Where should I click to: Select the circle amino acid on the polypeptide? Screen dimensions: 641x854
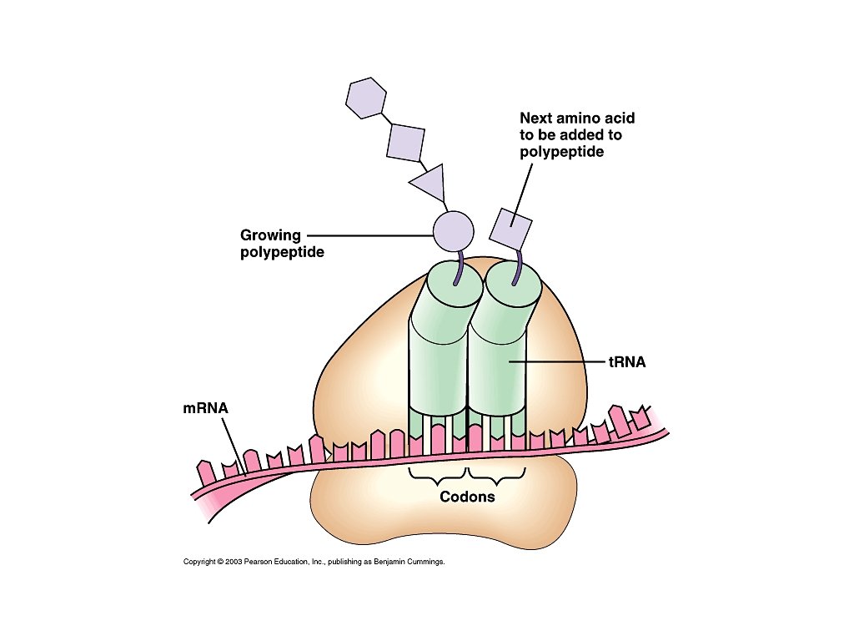click(453, 230)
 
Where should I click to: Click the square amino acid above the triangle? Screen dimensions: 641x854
click(406, 141)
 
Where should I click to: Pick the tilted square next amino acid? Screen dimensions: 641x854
click(510, 226)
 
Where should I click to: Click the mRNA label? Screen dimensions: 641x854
click(205, 409)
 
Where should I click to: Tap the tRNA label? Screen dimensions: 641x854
click(628, 362)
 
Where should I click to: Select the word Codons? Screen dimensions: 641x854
click(467, 497)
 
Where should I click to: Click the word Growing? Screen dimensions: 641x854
click(269, 235)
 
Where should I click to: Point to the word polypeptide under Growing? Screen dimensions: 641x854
click(276, 251)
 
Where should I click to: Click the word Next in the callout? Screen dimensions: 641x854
click(537, 119)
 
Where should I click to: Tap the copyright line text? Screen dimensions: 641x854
click(314, 562)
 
